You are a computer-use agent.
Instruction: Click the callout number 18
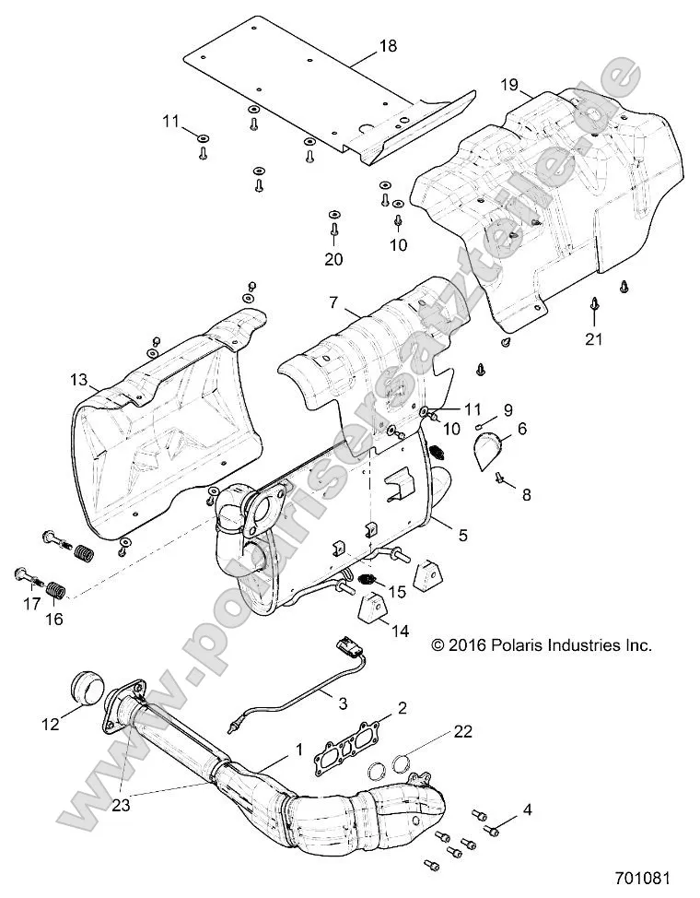point(388,44)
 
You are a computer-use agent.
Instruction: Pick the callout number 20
point(333,259)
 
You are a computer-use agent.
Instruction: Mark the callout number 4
point(527,809)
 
